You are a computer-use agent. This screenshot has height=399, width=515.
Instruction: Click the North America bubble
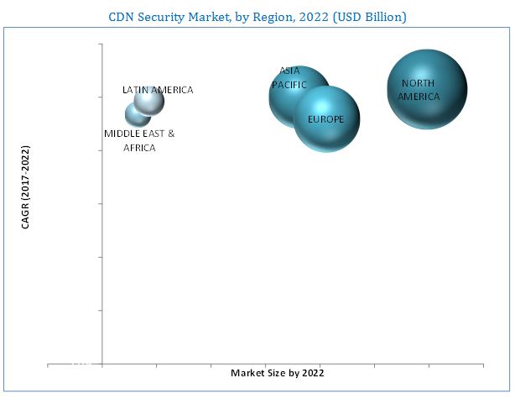coord(426,89)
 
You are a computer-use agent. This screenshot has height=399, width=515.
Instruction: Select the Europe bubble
coord(327,119)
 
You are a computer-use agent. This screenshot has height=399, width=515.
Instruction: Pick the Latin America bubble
coord(149,102)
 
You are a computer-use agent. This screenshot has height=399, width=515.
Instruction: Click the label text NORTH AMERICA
coord(419,90)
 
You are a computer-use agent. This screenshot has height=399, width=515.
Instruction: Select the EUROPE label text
coord(325,119)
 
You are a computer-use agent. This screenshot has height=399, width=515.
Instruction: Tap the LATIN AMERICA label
coord(158,90)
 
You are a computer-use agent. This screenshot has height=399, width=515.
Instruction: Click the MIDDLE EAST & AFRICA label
coord(139,140)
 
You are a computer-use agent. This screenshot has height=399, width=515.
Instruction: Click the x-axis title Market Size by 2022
coord(277,372)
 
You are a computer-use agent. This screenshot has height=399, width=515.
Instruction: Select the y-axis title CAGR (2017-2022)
coord(25,198)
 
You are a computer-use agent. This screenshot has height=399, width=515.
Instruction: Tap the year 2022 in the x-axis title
coord(311,372)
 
